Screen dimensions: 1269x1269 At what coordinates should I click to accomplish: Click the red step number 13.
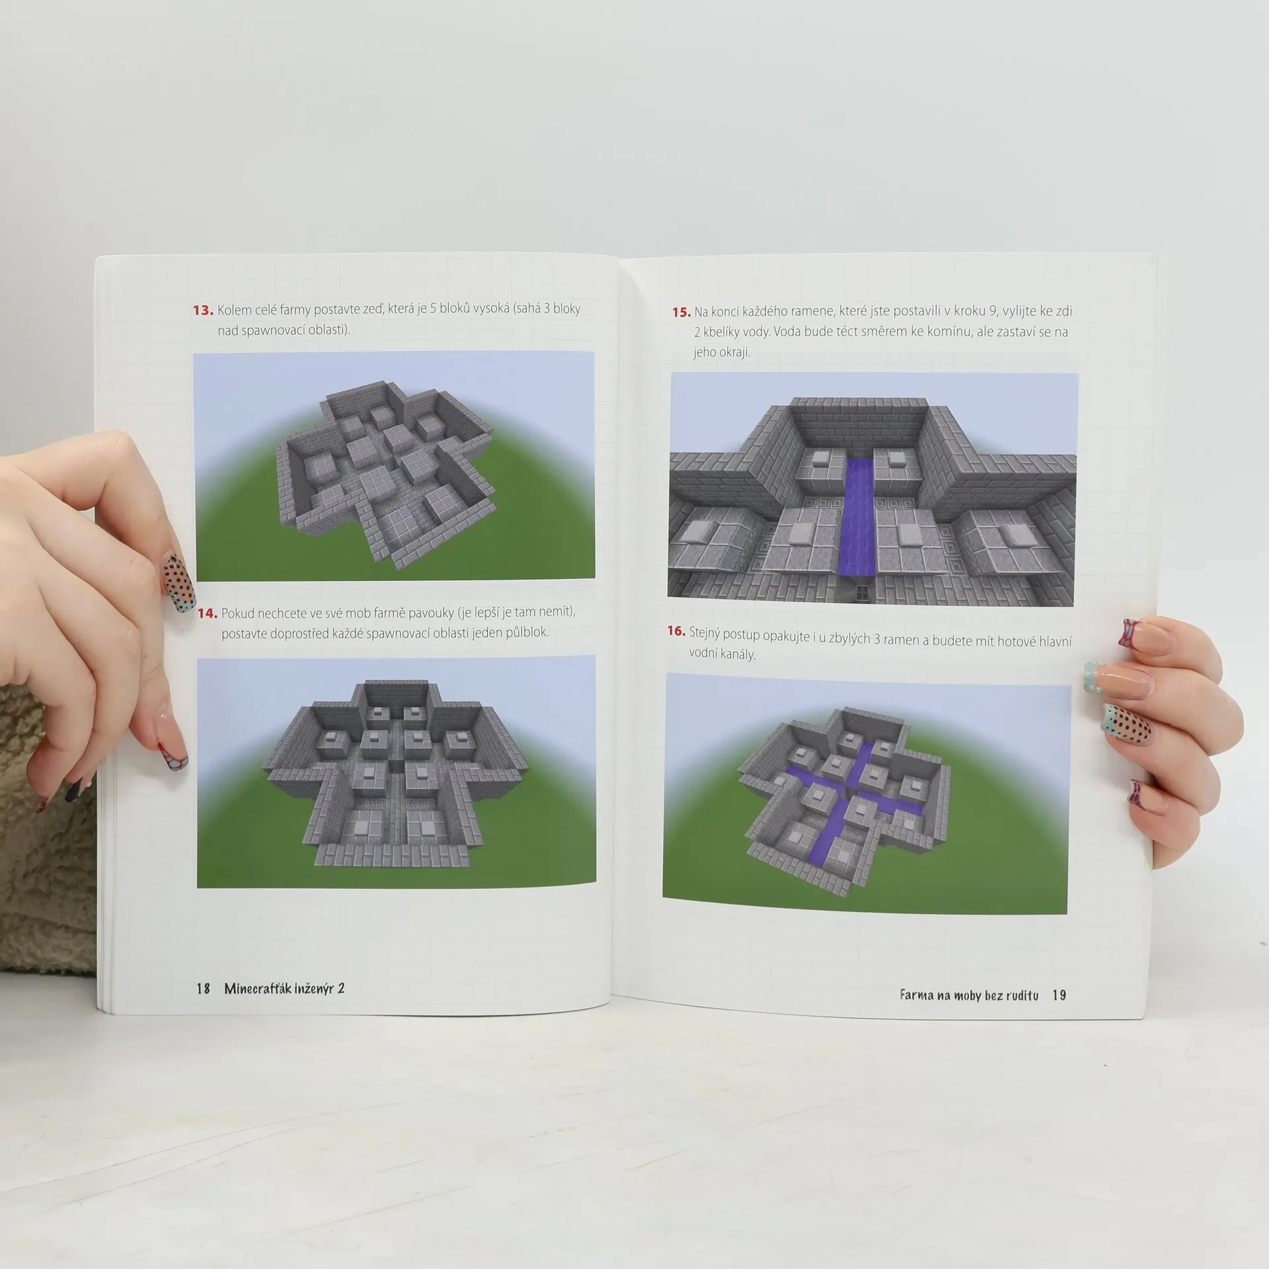203,310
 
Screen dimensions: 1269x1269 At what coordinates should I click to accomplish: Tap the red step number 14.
208,613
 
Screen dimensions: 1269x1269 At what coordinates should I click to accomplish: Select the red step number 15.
681,312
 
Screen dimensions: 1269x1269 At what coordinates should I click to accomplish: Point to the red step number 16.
676,631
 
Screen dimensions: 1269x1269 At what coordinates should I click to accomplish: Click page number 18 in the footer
203,988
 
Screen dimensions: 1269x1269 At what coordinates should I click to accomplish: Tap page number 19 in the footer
1059,995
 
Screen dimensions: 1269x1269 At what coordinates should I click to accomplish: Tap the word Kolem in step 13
235,309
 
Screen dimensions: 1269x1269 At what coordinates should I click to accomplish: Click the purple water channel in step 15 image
858,516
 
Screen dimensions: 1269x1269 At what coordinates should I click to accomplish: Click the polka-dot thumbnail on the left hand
178,582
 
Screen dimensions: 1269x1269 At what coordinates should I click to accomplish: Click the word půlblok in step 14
527,633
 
